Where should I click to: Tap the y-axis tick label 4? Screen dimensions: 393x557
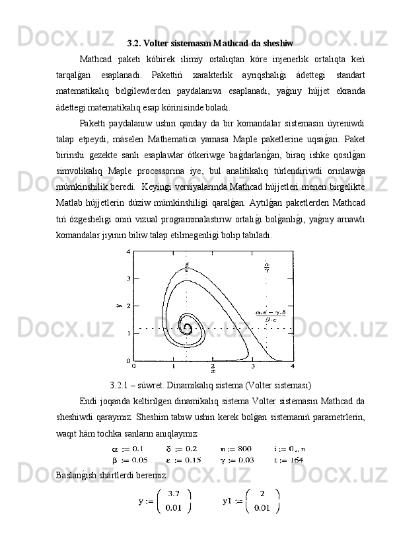point(129,252)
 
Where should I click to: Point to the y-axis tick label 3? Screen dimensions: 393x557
point(129,279)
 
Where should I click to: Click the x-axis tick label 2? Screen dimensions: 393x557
point(213,366)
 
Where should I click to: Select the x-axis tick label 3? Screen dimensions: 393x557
point(253,366)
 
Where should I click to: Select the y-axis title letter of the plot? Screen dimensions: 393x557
point(120,306)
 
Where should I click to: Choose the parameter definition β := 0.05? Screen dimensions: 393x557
point(129,460)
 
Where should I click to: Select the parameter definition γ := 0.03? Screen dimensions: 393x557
point(236,460)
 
